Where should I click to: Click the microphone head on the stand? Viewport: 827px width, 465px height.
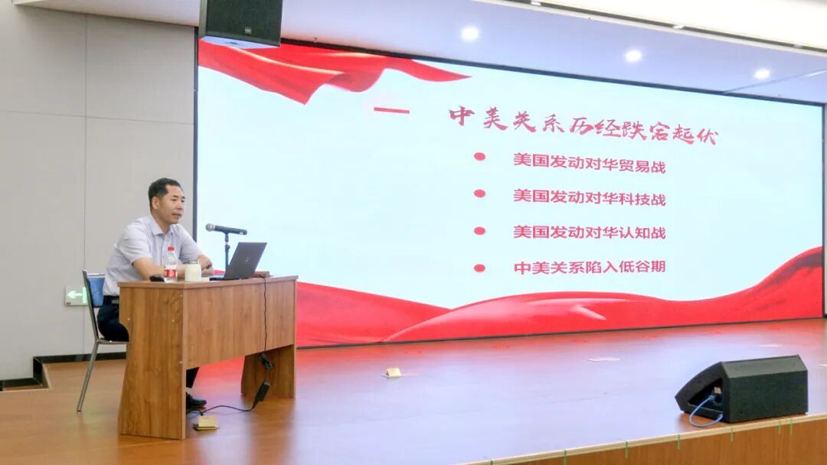[x=214, y=228]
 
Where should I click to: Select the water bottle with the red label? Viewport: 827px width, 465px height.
[x=170, y=264]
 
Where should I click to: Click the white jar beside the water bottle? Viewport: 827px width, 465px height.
[x=193, y=271]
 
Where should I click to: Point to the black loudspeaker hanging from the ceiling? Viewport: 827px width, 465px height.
[x=240, y=22]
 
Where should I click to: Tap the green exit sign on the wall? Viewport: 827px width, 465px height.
[x=75, y=296]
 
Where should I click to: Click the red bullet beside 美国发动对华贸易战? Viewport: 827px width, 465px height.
[x=479, y=157]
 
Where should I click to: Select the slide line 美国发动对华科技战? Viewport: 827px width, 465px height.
[x=589, y=197]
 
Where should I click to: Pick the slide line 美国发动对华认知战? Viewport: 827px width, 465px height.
[x=589, y=232]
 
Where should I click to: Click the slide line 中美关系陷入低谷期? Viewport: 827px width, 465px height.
[x=589, y=267]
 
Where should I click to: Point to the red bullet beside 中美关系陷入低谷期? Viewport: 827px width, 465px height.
[x=479, y=268]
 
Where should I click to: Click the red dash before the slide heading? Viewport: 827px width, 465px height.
[x=391, y=111]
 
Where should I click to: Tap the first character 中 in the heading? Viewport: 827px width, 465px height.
[x=462, y=115]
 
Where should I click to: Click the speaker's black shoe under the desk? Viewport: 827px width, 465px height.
[x=195, y=402]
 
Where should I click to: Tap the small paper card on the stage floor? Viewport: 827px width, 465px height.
[x=393, y=373]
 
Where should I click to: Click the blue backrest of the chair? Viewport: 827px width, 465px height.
[x=96, y=290]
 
